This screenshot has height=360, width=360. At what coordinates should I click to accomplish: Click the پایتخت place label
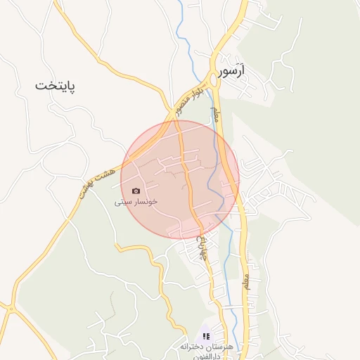[x=55, y=86]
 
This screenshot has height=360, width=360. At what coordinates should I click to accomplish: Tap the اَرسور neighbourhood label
[x=234, y=73]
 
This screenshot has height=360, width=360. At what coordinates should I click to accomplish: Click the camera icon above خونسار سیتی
[x=136, y=191]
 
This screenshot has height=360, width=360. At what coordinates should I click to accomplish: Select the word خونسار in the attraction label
[x=146, y=201]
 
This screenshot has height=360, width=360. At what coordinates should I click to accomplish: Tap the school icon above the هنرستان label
[x=205, y=337]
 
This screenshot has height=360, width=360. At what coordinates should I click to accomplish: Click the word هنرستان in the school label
[x=229, y=348]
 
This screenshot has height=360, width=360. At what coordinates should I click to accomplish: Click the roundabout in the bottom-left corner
[x=11, y=307]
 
